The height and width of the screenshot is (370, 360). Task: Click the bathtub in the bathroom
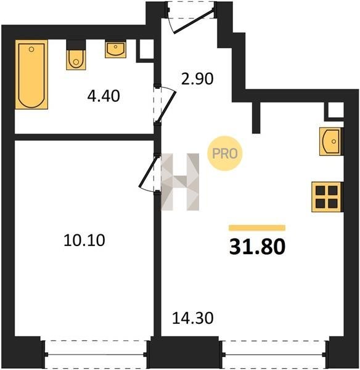coord(31,75)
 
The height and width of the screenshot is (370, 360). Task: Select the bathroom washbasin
coord(116,49)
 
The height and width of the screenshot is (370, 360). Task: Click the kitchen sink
coord(330,141)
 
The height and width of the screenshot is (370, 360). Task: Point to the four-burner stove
coord(327,197)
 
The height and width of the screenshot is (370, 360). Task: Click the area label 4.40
coord(104,96)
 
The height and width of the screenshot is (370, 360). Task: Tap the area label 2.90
coord(197,78)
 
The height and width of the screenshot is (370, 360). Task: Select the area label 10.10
coord(84,240)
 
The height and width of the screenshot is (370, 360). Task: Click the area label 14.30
coord(193,318)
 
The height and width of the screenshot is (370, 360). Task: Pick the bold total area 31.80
coord(258,247)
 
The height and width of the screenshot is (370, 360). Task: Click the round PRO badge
coord(225,154)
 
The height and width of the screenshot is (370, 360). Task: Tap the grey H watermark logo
coord(180,182)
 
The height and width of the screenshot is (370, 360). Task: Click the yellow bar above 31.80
coord(257,228)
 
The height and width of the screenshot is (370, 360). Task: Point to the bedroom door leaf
coord(147,172)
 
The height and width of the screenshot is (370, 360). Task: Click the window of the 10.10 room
coord(96,354)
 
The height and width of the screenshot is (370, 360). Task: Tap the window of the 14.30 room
coord(274,354)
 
